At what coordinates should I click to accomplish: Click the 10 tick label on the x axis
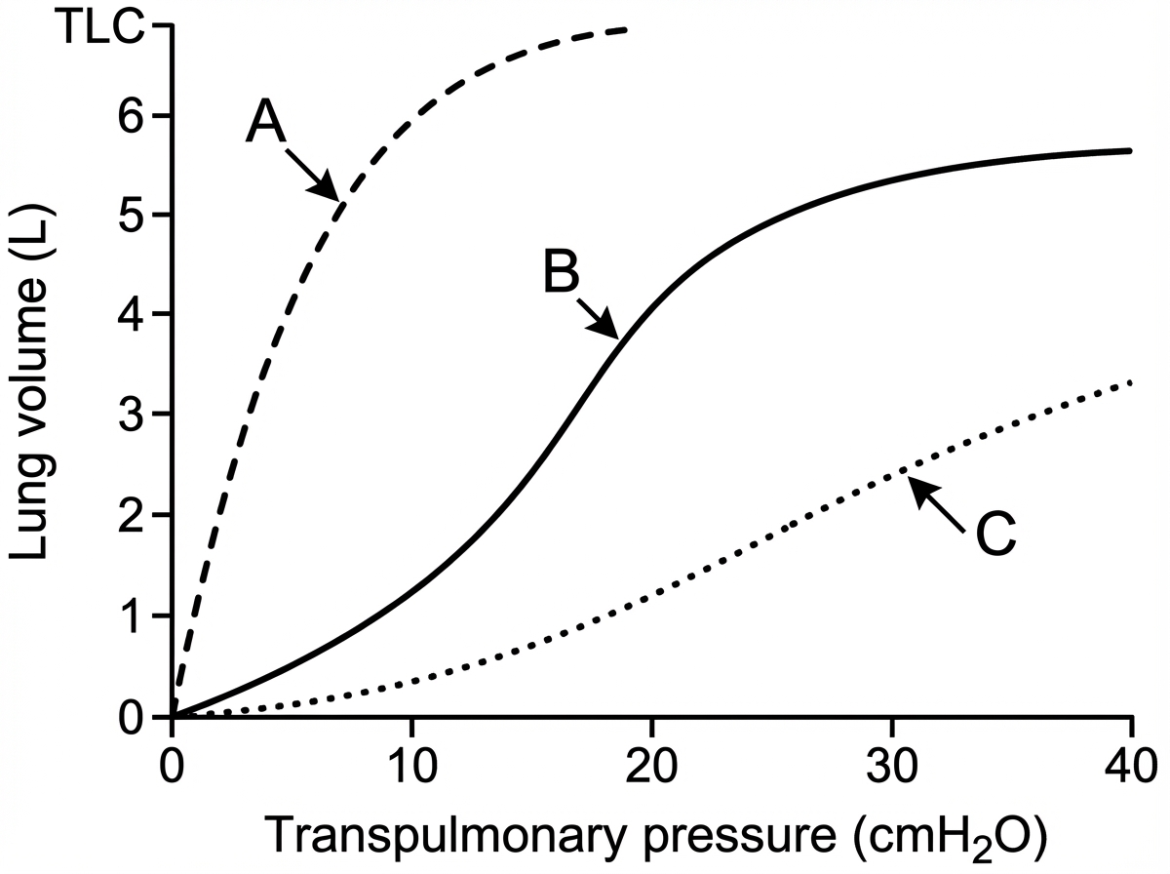pyautogui.click(x=411, y=763)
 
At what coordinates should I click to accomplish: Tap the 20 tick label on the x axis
pyautogui.click(x=651, y=763)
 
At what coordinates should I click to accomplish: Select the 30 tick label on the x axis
pyautogui.click(x=891, y=763)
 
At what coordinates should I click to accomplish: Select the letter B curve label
pyautogui.click(x=562, y=275)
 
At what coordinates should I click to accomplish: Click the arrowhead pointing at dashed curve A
pyautogui.click(x=331, y=192)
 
